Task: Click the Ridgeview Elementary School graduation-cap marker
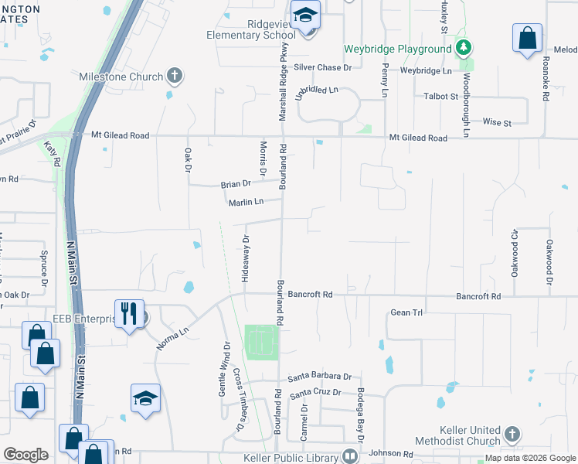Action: pyautogui.click(x=306, y=15)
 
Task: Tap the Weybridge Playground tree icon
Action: pyautogui.click(x=464, y=49)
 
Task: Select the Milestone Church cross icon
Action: pyautogui.click(x=175, y=77)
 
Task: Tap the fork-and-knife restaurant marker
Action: pyautogui.click(x=128, y=313)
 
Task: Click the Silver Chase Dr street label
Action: pyautogui.click(x=322, y=68)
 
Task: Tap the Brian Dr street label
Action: pyautogui.click(x=236, y=184)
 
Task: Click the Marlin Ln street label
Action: pyautogui.click(x=246, y=203)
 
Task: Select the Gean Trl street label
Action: pyautogui.click(x=406, y=312)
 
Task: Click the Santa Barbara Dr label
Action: pyautogui.click(x=320, y=377)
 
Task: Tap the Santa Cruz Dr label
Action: pyautogui.click(x=315, y=393)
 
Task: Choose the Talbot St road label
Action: pyautogui.click(x=441, y=97)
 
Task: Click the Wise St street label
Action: pyautogui.click(x=498, y=123)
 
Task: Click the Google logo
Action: pyautogui.click(x=26, y=455)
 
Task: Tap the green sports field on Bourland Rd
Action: pyautogui.click(x=261, y=341)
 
